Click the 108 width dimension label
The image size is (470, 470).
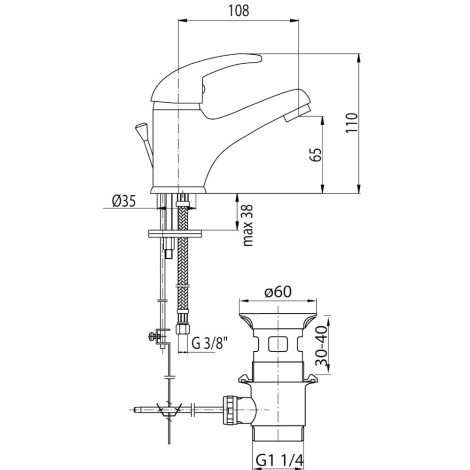click(239, 11)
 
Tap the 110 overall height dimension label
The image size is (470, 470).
click(351, 123)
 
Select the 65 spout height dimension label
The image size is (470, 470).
click(316, 154)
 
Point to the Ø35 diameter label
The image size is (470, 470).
click(124, 201)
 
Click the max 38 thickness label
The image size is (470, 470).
click(248, 225)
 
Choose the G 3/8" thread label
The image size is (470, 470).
click(210, 343)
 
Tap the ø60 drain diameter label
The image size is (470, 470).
click(278, 292)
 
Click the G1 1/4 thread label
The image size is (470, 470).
click(280, 461)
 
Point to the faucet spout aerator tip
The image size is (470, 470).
click(298, 113)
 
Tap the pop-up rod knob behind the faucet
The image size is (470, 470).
click(141, 130)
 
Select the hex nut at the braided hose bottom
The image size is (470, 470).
click(182, 328)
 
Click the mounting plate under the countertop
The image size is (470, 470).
click(175, 233)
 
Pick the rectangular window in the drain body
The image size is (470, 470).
click(277, 344)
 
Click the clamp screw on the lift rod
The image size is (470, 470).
click(153, 336)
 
